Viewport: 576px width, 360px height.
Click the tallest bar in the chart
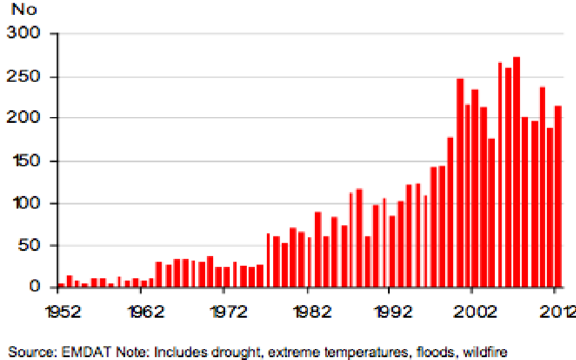point(517,171)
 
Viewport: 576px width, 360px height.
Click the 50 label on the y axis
point(27,246)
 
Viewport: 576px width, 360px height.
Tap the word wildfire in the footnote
point(485,351)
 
